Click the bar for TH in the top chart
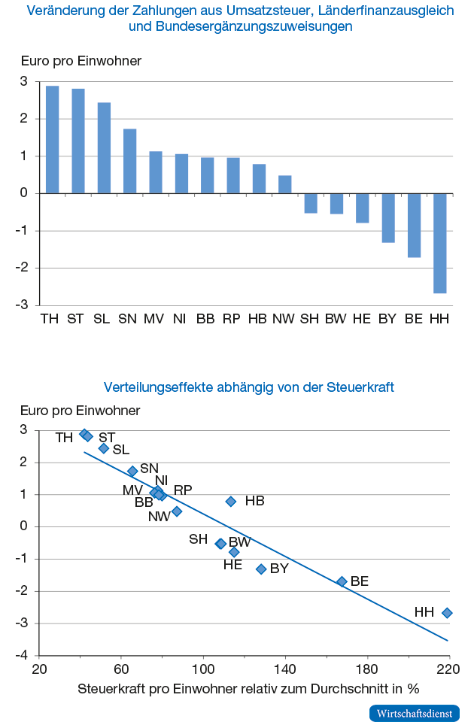tap(52, 140)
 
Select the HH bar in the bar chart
tap(439, 243)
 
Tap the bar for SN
tap(129, 161)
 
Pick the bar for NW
tap(284, 184)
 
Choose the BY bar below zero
tap(388, 217)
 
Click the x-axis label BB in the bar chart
tap(205, 319)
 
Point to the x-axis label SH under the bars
tap(310, 319)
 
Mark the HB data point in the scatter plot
tap(231, 501)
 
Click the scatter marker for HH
tap(447, 613)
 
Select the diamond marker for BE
tap(342, 581)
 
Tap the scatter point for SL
tap(104, 448)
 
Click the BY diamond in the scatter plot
tap(262, 569)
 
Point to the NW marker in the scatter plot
tap(177, 511)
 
